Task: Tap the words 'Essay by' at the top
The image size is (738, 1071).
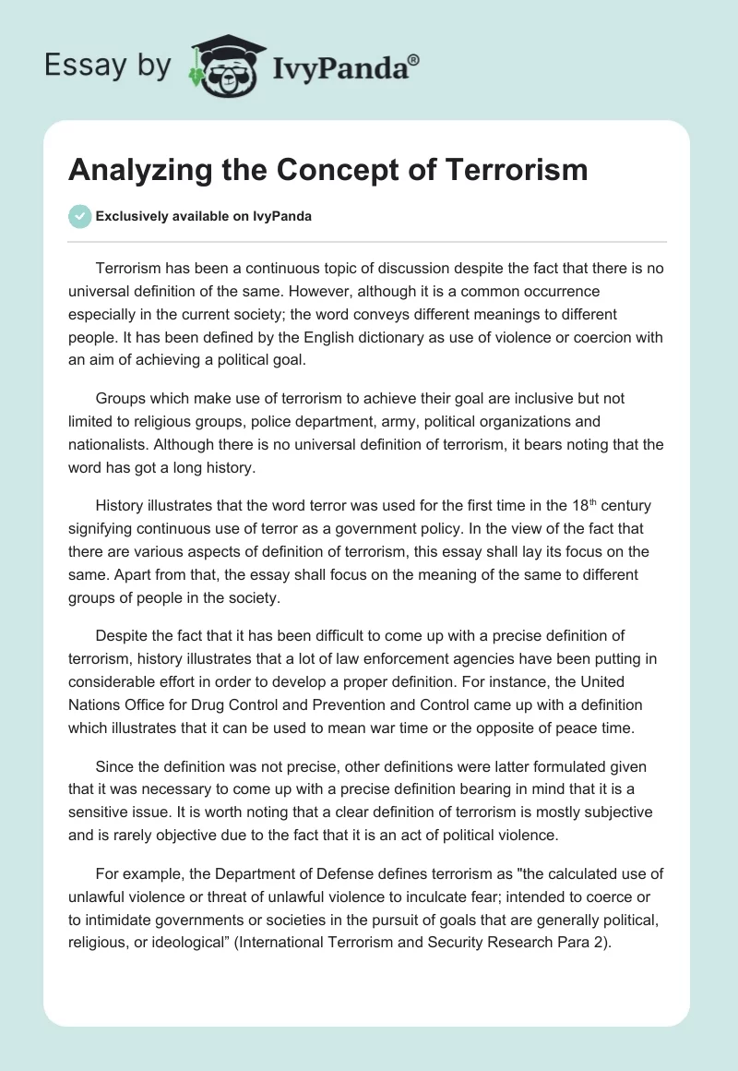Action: click(x=107, y=66)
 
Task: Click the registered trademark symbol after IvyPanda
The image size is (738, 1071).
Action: click(x=414, y=59)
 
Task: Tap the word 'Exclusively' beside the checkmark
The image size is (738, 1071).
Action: click(x=130, y=217)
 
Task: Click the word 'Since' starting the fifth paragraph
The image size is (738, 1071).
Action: click(x=114, y=767)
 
